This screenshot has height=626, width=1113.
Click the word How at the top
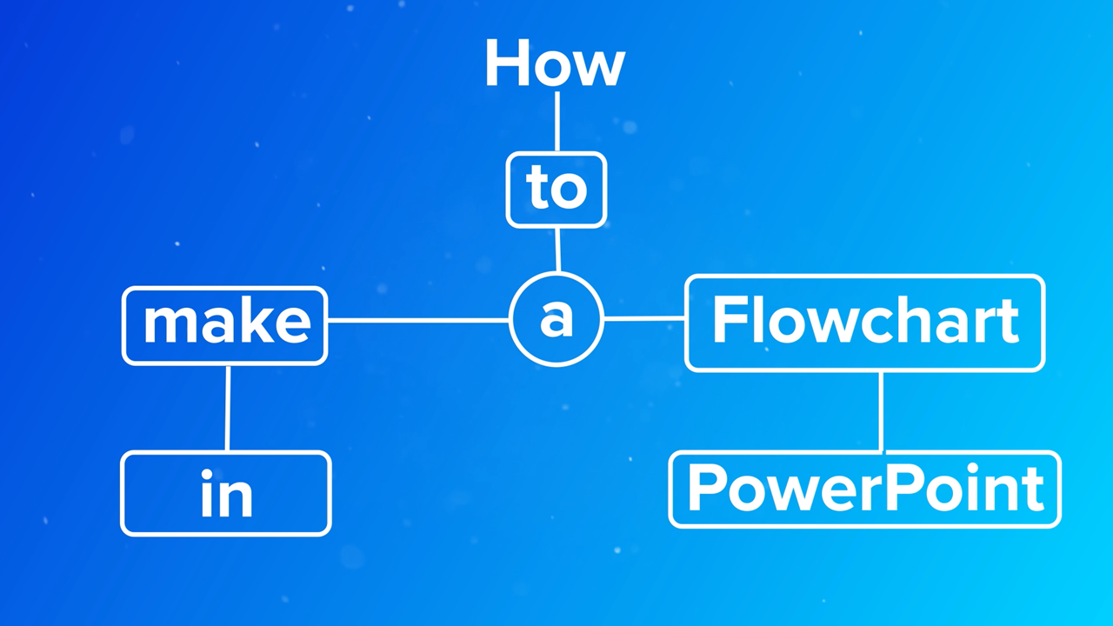(555, 63)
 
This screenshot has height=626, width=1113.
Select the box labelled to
(556, 190)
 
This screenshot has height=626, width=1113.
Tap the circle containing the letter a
(556, 319)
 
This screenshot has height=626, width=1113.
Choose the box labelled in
(226, 493)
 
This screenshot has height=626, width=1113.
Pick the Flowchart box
(865, 323)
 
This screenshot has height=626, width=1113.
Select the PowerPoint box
(865, 489)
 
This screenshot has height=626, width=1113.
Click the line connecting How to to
(556, 122)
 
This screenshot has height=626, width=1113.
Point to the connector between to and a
(557, 250)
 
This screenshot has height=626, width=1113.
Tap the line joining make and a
(417, 320)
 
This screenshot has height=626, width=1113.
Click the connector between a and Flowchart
(644, 319)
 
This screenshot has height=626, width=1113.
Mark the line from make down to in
(227, 408)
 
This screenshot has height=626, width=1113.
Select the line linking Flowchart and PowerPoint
(881, 411)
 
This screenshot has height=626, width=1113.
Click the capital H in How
(504, 63)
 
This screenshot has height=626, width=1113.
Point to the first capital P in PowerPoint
(705, 488)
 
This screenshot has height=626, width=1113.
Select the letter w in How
(600, 69)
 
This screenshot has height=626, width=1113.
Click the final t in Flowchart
(1009, 322)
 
